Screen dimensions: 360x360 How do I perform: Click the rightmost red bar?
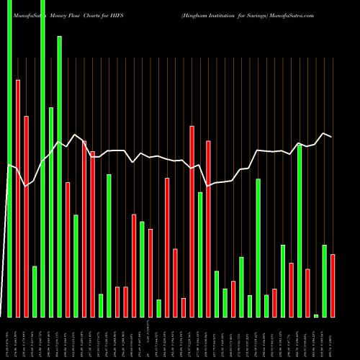[x=333, y=285]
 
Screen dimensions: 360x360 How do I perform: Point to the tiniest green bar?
[x=316, y=315]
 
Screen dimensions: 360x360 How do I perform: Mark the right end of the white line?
[x=332, y=136]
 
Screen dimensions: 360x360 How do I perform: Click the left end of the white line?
[x=9, y=166]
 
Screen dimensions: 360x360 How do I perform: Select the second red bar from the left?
[x=26, y=216]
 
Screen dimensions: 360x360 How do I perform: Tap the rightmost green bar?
[x=324, y=281]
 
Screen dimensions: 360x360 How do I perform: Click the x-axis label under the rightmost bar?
[x=333, y=338]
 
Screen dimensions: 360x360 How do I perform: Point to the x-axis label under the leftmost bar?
[x=9, y=338]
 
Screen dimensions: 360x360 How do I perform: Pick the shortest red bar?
[x=184, y=307]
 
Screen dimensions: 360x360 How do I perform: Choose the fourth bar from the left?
[x=35, y=292]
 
